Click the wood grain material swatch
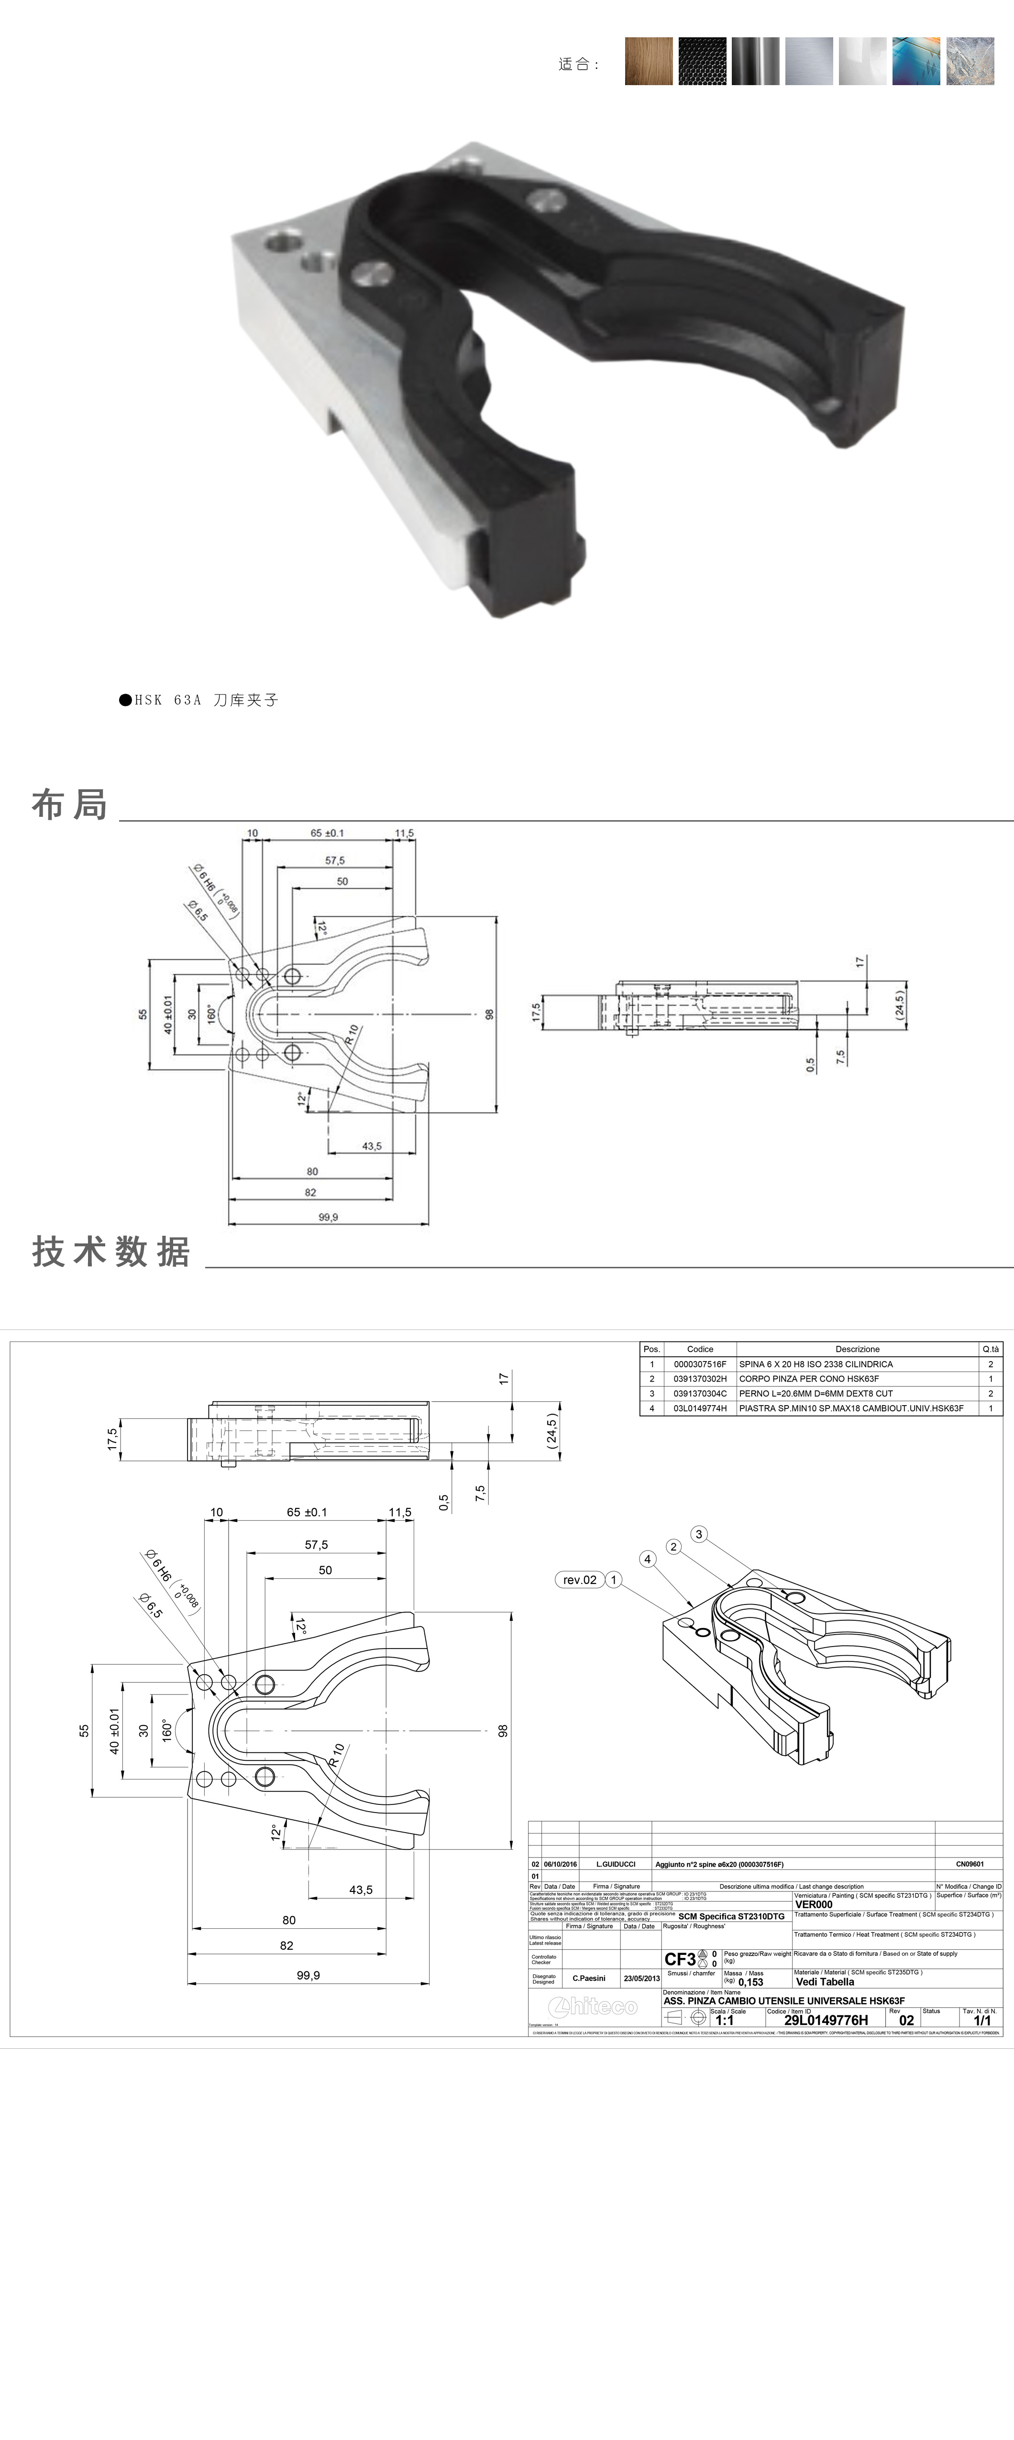[x=648, y=62]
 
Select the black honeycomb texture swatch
[x=702, y=62]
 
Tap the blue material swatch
[x=915, y=62]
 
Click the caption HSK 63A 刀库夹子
[x=199, y=700]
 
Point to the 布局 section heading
[x=69, y=804]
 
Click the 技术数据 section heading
[x=111, y=1251]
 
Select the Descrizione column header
[x=857, y=1349]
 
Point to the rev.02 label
[x=579, y=1579]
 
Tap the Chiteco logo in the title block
[x=593, y=2006]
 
